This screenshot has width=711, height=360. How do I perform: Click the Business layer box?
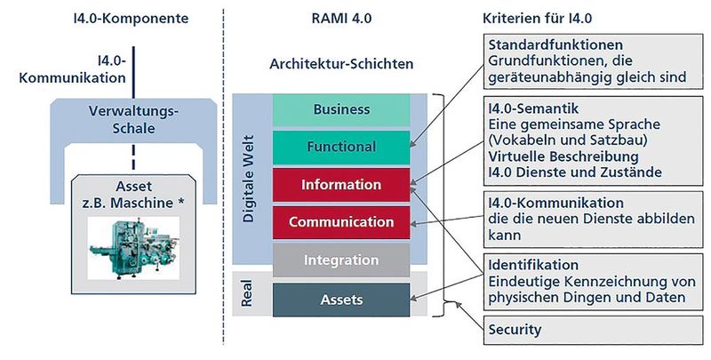341,109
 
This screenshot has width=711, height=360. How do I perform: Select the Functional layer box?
341,147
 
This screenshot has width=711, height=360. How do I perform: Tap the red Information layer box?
341,185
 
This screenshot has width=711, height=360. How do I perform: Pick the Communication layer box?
341,222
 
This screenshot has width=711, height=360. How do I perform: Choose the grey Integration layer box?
341,260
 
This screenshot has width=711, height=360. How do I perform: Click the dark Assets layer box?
341,299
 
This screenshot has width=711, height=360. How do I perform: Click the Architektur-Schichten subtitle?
340,64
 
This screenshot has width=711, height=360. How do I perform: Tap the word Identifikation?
533,265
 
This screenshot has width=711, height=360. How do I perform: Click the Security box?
515,329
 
